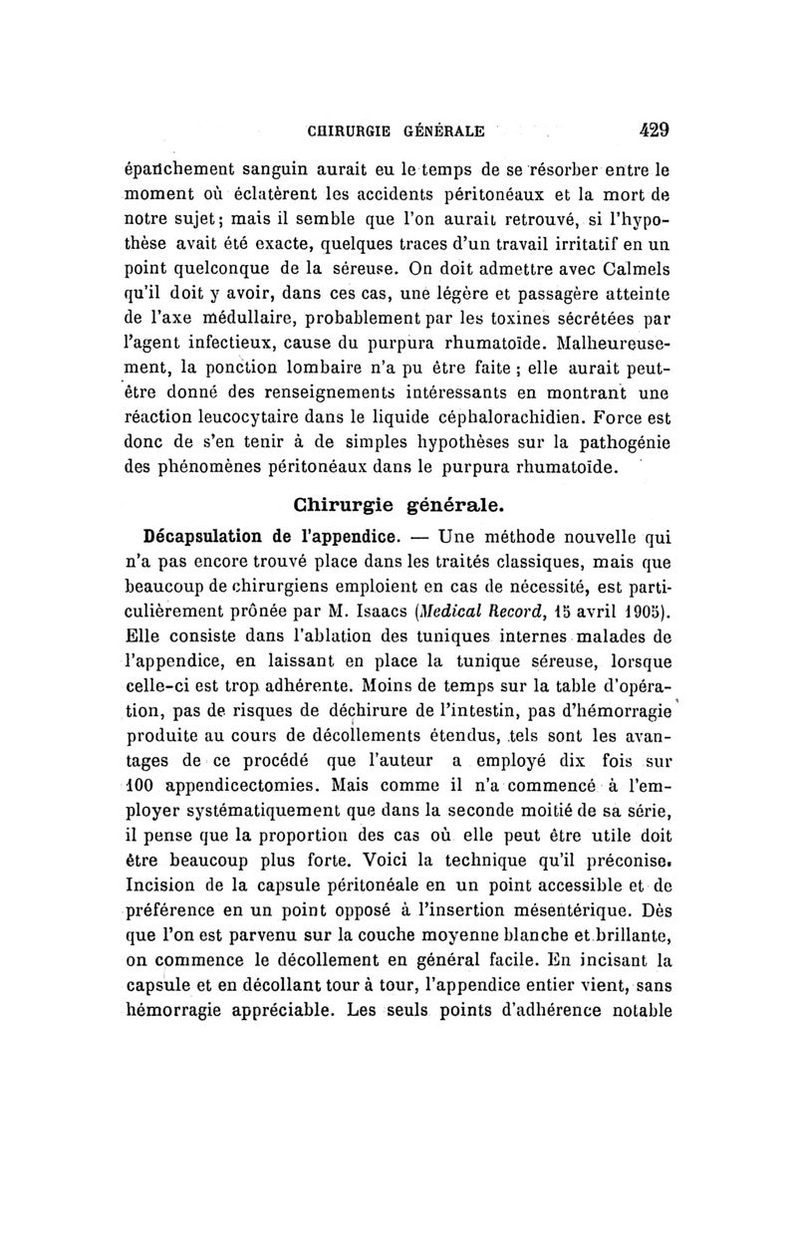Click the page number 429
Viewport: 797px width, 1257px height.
pos(648,128)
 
